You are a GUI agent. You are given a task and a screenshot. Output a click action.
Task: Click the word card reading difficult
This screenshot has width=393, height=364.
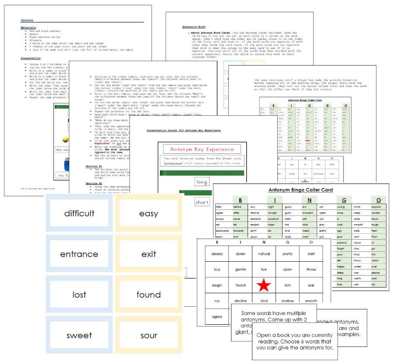click(x=79, y=214)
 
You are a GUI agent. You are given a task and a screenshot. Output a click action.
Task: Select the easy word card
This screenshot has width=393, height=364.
click(x=148, y=214)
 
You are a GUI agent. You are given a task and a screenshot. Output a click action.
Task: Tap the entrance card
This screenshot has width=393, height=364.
click(x=79, y=254)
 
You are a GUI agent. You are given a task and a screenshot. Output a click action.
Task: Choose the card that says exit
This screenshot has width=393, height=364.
click(x=148, y=254)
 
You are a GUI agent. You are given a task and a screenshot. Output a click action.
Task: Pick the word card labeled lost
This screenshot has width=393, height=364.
click(x=79, y=295)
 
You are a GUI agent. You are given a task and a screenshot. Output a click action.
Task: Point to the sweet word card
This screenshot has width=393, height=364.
click(x=79, y=335)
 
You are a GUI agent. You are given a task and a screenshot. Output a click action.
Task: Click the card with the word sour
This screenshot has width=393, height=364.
click(x=148, y=335)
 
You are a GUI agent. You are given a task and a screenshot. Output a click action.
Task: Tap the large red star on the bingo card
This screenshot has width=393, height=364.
click(x=264, y=285)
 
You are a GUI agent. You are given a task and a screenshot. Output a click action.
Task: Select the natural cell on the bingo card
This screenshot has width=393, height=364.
click(x=264, y=254)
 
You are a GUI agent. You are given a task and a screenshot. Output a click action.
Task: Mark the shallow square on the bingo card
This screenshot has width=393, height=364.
click(x=287, y=301)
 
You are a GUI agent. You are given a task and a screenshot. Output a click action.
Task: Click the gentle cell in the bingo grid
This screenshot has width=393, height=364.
click(x=241, y=270)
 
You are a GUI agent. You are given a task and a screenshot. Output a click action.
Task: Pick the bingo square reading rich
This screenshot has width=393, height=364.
click(x=287, y=285)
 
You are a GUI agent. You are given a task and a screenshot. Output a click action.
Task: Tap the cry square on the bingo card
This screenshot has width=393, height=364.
click(x=217, y=301)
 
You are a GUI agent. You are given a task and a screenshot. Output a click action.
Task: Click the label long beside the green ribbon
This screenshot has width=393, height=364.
click(x=202, y=182)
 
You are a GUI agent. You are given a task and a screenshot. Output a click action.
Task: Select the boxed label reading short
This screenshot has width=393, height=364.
click(x=202, y=202)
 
